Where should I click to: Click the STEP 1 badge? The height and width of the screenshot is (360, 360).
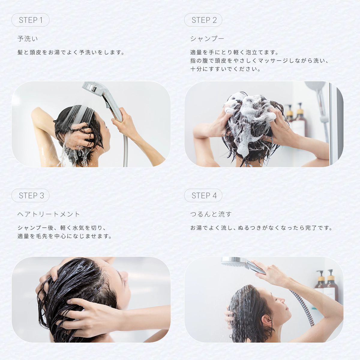31,20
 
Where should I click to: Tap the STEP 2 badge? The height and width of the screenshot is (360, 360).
203,20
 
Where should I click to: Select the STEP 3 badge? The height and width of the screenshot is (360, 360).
31,196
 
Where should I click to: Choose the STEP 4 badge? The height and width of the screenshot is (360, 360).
203,196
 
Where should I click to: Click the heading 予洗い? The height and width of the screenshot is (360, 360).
28,39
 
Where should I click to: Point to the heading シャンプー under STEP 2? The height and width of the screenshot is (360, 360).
207,39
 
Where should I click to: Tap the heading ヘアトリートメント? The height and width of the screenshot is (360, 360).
49,214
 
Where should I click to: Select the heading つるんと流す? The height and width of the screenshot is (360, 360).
211,214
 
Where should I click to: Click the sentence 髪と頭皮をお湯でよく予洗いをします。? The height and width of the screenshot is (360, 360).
71,52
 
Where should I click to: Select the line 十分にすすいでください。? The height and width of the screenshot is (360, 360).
225,69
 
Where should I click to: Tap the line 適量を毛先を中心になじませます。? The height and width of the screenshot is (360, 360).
64,236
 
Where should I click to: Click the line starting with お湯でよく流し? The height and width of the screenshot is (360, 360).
261,228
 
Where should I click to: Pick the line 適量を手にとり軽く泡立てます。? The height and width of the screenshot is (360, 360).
234,52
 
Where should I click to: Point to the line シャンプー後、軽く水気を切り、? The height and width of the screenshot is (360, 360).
62,228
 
